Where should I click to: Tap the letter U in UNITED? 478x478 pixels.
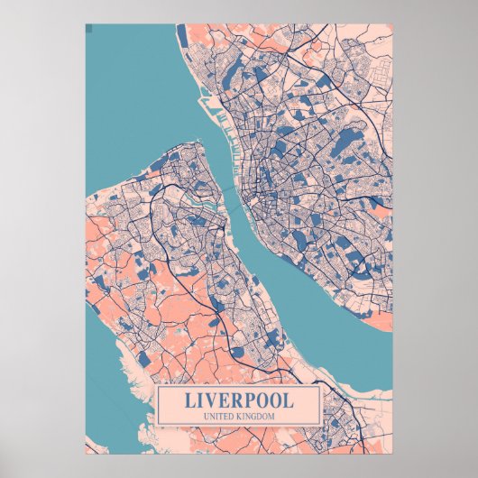[208, 415]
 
